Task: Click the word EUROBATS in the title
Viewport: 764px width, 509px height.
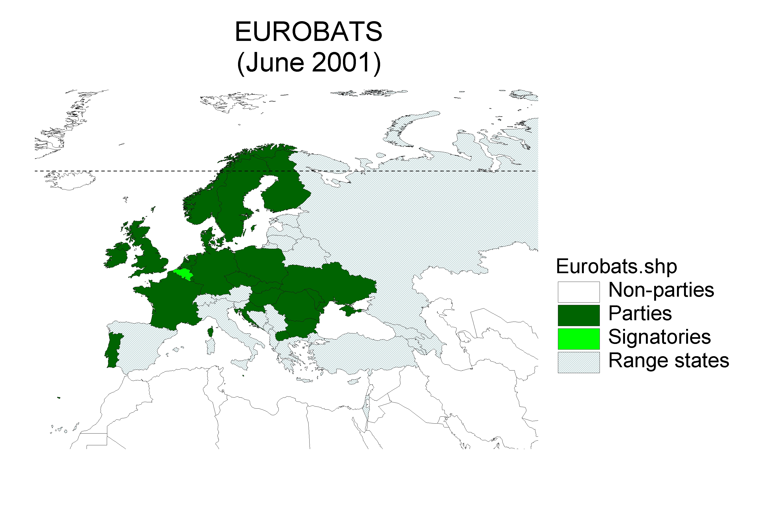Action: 308,32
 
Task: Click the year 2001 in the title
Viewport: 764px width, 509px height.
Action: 341,62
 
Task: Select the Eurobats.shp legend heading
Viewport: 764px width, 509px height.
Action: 616,267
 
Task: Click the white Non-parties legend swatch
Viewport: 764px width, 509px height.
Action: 578,292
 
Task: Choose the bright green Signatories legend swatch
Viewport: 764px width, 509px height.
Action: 578,339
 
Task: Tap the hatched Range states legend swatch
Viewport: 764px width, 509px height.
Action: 578,362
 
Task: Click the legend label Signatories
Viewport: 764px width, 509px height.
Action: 659,337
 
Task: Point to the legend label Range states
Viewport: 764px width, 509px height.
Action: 668,360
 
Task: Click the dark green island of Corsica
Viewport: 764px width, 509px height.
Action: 210,332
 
